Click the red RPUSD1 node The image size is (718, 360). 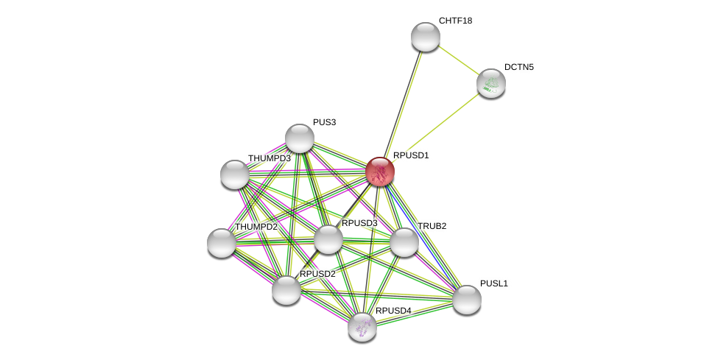point(380,172)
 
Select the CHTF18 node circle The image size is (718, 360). point(425,37)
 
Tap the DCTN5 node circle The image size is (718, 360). point(490,83)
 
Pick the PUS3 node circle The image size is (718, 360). point(300,138)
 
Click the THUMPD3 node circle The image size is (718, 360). point(235,174)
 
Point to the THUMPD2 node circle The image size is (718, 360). point(222,243)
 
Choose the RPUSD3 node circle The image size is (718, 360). point(328,239)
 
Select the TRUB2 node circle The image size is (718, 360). point(404,242)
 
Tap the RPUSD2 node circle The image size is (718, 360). point(286,290)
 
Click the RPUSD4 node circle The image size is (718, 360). point(362,327)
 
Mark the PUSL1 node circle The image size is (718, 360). point(466,300)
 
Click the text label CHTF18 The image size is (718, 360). point(455,21)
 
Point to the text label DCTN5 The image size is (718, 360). point(518,67)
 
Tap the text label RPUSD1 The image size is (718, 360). point(410,155)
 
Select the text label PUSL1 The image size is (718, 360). point(493,283)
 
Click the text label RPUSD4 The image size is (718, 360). point(393,311)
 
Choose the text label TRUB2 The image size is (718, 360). point(432,226)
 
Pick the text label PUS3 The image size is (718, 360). point(324,122)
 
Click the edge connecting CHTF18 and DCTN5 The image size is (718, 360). point(458,60)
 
